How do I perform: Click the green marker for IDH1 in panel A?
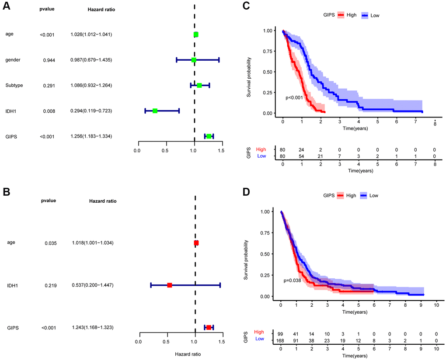tap(155, 111)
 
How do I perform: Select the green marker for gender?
tap(194, 59)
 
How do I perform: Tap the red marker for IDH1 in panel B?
tap(170, 285)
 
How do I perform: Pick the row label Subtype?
tap(14, 85)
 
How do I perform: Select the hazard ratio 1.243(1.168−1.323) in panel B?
tap(92, 328)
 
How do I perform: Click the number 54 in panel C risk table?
tap(302, 156)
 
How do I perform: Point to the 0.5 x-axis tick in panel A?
tap(165, 150)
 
